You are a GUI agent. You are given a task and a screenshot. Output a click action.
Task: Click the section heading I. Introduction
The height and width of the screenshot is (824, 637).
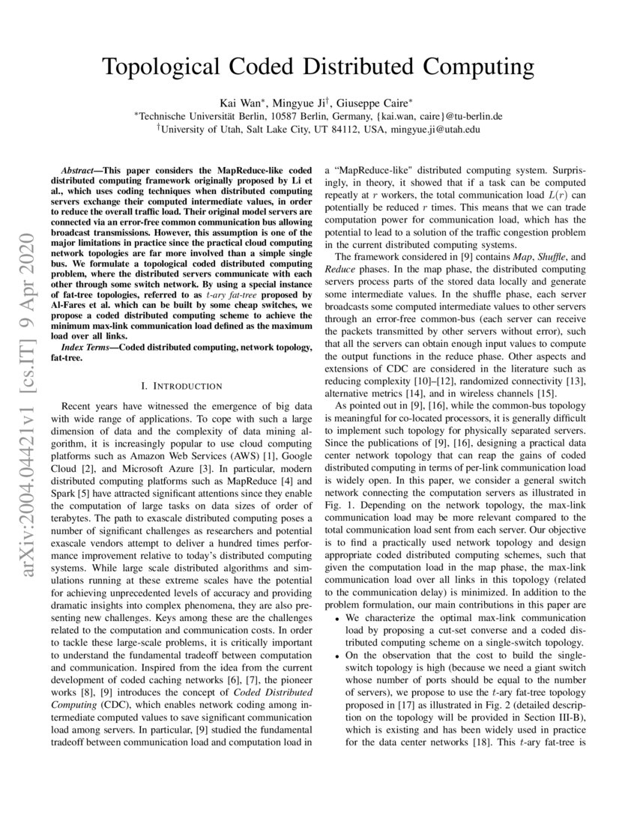pos(181,387)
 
